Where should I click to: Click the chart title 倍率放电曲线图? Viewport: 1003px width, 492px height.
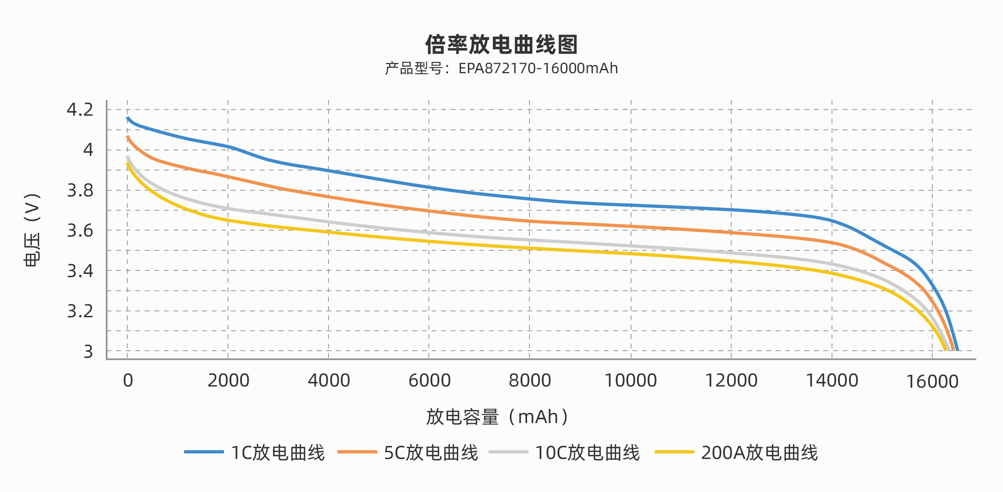tap(501, 44)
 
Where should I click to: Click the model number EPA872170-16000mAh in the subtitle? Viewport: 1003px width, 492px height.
tap(538, 68)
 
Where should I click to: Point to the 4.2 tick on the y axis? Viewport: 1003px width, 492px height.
tap(80, 109)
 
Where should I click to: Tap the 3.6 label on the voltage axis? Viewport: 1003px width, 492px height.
tap(80, 231)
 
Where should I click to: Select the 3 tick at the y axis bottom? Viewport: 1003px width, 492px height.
tap(88, 351)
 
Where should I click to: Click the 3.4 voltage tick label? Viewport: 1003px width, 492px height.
tap(80, 271)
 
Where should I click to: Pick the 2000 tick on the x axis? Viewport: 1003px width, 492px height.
tap(229, 381)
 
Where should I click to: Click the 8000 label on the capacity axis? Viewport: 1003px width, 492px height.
tap(530, 381)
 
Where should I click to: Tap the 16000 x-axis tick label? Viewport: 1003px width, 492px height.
tap(932, 382)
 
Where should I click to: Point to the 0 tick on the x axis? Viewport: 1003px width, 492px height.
tap(128, 381)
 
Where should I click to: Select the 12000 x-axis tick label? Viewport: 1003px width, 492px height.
tap(731, 381)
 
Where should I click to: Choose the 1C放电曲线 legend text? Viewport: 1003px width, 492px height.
tap(278, 453)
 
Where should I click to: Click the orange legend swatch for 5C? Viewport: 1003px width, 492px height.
tap(357, 452)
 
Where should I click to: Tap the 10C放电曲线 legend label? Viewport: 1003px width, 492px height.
tap(588, 453)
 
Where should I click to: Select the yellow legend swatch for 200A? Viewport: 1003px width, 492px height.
tap(674, 452)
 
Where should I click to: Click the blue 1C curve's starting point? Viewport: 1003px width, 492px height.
tap(128, 118)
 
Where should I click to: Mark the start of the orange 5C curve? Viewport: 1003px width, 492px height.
tap(128, 137)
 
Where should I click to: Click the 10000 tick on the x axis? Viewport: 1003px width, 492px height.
tap(631, 381)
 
